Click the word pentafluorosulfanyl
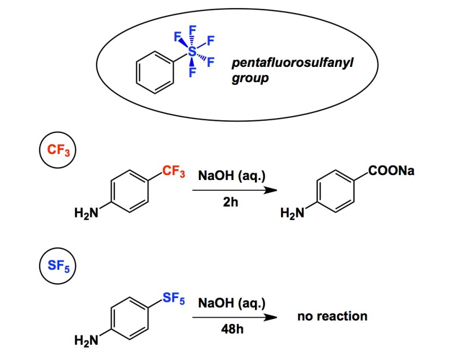(292, 64)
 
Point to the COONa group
(391, 172)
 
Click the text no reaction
(332, 316)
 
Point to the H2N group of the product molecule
(291, 213)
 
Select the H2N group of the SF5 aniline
(86, 341)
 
